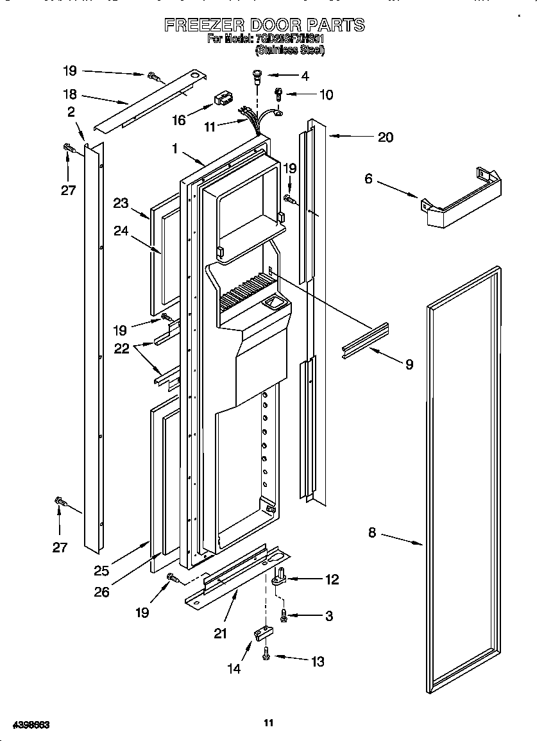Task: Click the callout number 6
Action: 368,179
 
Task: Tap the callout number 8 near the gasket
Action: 372,532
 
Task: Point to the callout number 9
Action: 409,364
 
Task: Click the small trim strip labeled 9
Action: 365,341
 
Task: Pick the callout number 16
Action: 179,120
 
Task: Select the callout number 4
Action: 305,76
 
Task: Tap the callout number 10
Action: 326,95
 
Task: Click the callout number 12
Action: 332,579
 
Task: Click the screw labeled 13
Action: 266,655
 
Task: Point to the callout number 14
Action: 234,669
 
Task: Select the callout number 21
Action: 221,634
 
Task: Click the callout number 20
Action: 385,137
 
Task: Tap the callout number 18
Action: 70,94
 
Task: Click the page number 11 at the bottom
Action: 269,723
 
